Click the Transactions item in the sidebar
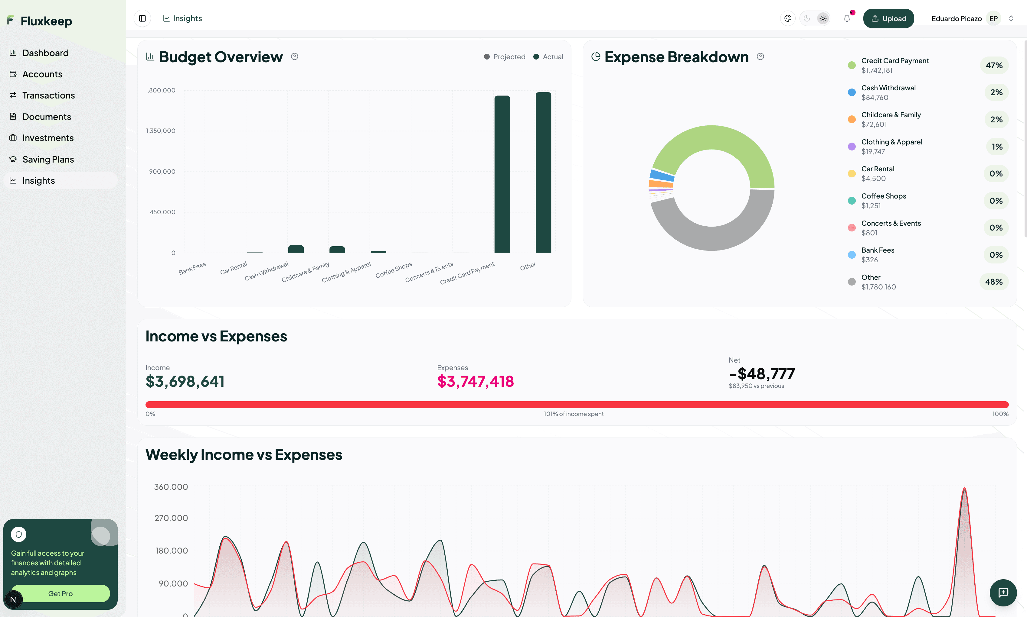48,95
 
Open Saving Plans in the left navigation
48,159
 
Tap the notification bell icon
846,18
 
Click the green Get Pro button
60,593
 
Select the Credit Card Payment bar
502,175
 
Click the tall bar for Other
543,173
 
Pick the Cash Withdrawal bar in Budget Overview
296,249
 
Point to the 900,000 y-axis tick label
162,171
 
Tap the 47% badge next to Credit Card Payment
994,65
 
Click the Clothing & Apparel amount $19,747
873,152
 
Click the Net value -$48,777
761,373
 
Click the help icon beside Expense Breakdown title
760,57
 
